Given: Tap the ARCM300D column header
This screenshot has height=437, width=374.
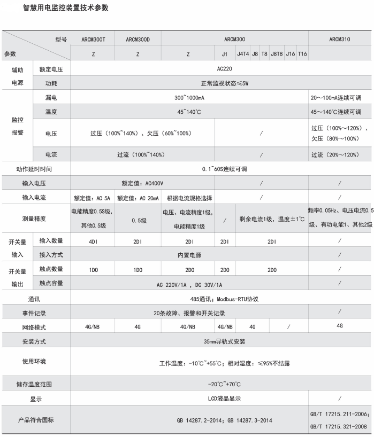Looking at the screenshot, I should pos(138,40).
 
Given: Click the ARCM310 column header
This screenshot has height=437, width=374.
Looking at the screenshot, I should pos(340,40).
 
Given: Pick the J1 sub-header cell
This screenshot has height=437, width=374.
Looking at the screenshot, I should pos(225,54).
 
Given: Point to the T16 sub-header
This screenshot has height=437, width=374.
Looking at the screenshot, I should pos(302,54).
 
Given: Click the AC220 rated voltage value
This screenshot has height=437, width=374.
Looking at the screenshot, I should pos(225,69).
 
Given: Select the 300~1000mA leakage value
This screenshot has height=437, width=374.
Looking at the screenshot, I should pos(189,98).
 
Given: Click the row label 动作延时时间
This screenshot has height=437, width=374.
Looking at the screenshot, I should pos(35,169).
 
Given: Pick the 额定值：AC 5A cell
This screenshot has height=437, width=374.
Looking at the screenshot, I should pos(93,198).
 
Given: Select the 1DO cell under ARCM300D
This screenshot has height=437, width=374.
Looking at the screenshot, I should pos(138,270).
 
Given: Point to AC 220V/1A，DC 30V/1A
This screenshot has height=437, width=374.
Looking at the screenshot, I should pos(189,285).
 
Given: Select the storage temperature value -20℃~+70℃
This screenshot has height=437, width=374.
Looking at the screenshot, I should pos(224,384).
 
